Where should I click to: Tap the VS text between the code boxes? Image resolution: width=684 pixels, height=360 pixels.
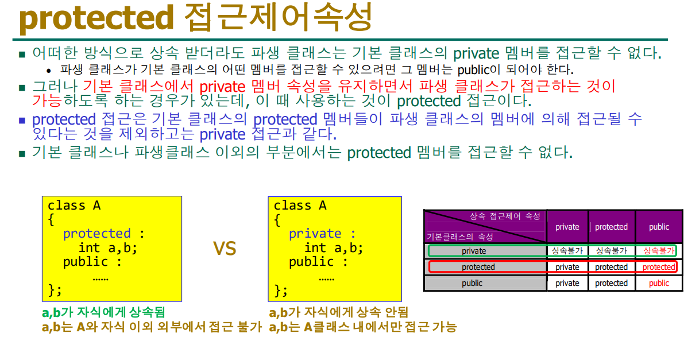225,248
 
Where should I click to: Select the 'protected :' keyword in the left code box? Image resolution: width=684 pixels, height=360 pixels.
103,234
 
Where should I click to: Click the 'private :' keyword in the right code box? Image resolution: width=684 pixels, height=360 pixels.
322,234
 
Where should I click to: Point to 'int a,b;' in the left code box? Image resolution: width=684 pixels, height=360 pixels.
108,248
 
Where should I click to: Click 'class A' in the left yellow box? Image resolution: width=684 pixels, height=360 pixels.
74,205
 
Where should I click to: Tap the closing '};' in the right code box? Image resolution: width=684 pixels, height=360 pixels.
280,290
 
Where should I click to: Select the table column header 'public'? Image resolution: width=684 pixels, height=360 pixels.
659,227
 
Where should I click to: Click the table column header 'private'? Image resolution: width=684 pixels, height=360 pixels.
567,227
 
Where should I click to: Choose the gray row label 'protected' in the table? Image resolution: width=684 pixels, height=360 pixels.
478,267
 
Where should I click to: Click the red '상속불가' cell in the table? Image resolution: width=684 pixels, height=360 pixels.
659,251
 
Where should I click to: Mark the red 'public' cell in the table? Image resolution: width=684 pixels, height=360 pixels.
659,283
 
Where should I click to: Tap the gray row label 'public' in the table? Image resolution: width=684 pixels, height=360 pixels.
472,283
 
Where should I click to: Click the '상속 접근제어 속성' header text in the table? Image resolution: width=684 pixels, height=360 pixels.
505,216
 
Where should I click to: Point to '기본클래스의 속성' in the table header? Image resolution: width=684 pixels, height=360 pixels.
459,237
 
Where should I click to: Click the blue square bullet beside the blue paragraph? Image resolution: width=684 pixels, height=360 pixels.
22,120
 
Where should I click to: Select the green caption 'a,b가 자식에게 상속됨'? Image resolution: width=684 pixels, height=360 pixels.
103,312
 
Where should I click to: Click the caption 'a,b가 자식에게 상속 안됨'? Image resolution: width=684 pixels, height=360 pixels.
338,312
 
